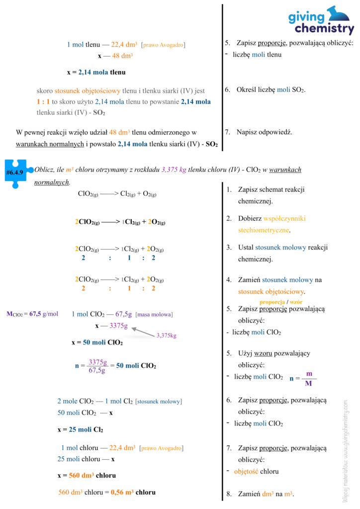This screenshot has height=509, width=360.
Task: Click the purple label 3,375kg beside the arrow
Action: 167,336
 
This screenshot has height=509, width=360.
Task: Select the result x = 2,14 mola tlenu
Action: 96,72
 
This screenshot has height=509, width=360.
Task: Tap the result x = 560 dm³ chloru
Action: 87,475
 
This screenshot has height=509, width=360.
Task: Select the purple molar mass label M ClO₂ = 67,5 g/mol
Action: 32,314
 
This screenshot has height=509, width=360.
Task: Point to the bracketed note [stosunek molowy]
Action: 159,401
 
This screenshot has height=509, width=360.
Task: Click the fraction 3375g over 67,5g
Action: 96,366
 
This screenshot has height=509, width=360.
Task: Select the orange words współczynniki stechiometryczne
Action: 279,224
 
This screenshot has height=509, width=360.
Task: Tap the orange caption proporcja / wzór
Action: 281,302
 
